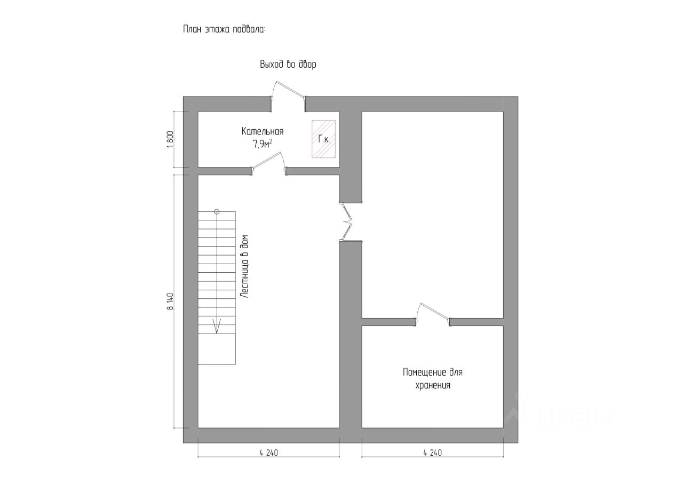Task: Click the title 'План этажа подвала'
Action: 224,29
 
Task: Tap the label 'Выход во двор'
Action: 288,65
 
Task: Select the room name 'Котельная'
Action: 262,131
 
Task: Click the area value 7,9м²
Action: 263,143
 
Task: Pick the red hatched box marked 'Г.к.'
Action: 323,139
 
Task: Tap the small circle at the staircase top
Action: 217,211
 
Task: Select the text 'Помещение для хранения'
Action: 433,378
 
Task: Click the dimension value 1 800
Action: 170,139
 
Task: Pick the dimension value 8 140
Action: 170,302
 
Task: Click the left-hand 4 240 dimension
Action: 269,453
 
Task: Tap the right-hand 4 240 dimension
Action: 432,453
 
